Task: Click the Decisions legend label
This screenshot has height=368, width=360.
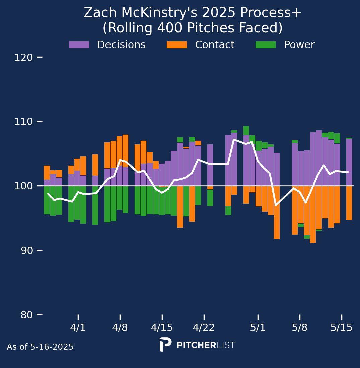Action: (121, 45)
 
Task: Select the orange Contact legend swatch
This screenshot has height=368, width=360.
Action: (177, 45)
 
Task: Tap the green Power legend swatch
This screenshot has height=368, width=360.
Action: (265, 45)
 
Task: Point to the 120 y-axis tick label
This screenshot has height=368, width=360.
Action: (23, 58)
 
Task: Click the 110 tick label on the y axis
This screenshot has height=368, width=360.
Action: (23, 122)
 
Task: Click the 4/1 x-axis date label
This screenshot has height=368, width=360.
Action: (78, 328)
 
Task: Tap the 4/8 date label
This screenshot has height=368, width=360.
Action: (120, 328)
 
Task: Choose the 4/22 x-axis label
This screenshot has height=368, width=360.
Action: (204, 328)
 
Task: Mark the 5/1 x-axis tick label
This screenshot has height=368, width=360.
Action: (258, 328)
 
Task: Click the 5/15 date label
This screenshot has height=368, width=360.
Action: (342, 328)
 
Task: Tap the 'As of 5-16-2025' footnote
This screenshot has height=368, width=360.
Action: (40, 347)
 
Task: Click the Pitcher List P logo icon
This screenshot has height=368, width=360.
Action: (165, 344)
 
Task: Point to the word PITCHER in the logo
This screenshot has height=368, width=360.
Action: (196, 345)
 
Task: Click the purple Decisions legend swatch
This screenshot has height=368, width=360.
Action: (79, 45)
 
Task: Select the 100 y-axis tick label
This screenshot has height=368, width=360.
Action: (23, 186)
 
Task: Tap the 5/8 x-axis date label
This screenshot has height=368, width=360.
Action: (300, 328)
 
